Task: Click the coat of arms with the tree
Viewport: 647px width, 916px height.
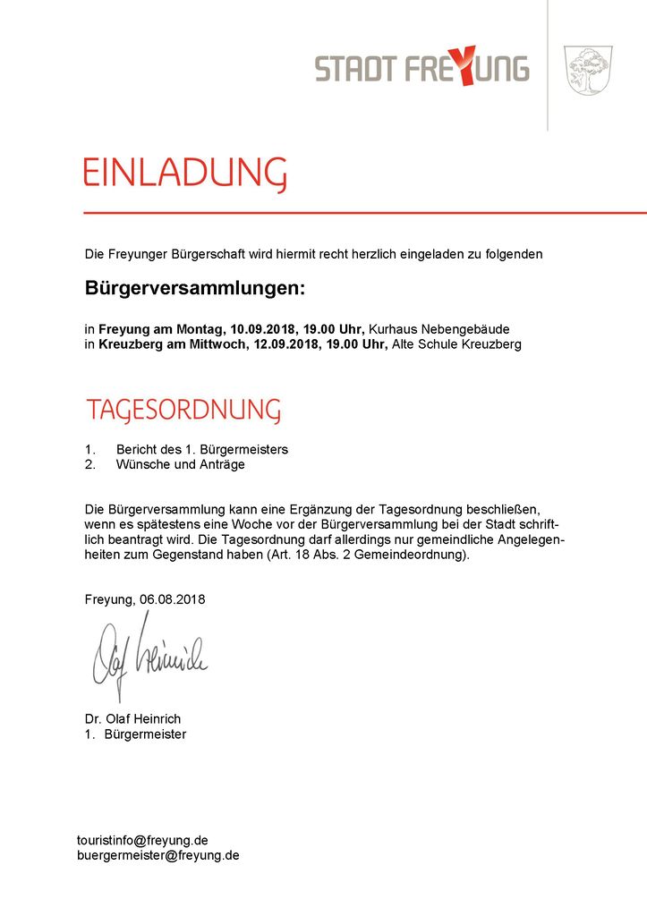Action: [x=587, y=71]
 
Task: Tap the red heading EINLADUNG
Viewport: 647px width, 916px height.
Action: [x=185, y=173]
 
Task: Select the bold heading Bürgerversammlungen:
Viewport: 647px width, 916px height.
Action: [x=195, y=289]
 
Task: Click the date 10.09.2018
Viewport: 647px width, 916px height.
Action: [x=263, y=329]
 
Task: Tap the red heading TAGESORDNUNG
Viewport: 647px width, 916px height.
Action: [x=183, y=411]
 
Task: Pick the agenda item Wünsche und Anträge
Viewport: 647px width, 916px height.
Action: [x=180, y=464]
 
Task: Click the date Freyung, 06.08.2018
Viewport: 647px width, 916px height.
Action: [x=145, y=599]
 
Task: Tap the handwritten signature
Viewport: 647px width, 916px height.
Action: [x=148, y=657]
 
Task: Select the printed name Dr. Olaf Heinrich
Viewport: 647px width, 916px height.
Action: [x=132, y=719]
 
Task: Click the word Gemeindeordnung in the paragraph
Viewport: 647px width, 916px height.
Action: [x=412, y=555]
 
